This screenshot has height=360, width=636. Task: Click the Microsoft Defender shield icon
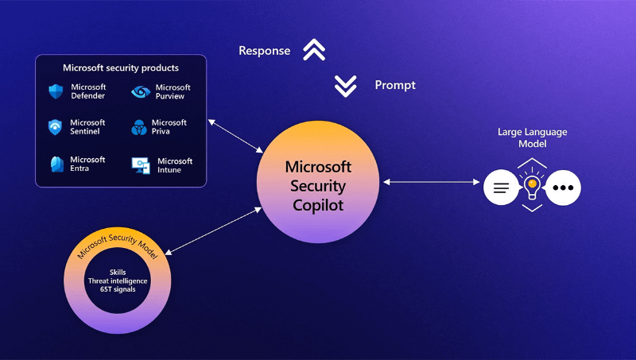click(55, 92)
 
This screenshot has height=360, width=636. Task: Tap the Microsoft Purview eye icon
click(141, 92)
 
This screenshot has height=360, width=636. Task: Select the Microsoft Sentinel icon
click(55, 127)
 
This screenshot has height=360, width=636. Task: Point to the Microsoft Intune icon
click(141, 165)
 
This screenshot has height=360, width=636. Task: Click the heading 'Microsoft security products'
click(121, 68)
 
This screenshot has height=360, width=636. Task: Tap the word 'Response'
click(265, 51)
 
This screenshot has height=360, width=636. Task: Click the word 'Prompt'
click(395, 85)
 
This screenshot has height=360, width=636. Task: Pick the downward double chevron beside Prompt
click(346, 86)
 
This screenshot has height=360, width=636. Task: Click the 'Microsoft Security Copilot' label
click(318, 186)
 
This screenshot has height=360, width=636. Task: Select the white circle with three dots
click(564, 188)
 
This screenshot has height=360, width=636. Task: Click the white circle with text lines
click(501, 188)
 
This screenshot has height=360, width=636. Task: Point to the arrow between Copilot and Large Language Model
click(432, 183)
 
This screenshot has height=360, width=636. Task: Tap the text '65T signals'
click(117, 289)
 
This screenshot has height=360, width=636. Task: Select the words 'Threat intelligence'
click(117, 281)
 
